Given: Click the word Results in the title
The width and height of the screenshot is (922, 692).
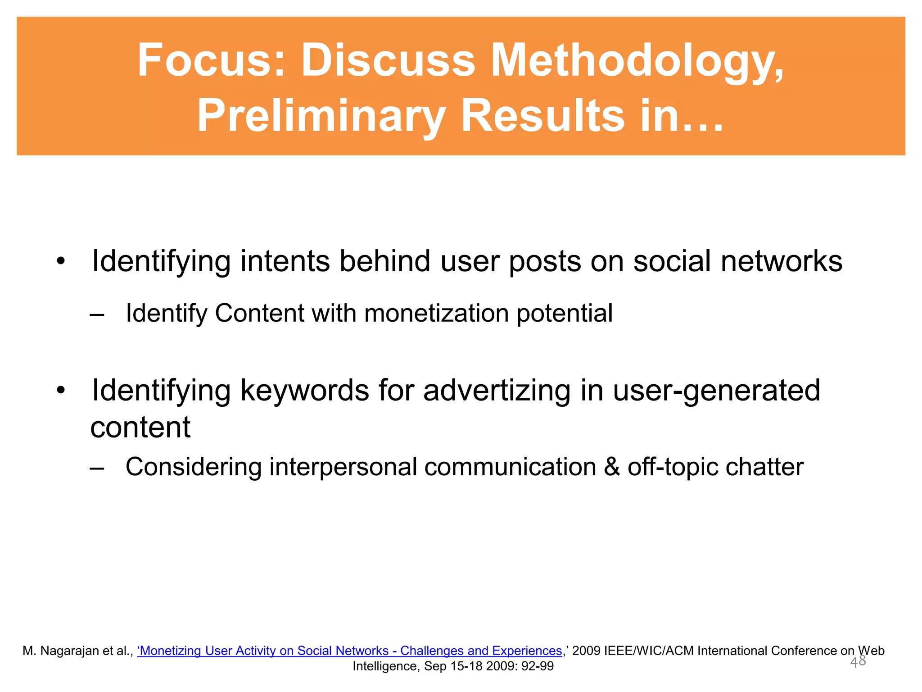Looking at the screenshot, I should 543,116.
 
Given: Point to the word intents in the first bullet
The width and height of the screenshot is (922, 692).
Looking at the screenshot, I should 285,261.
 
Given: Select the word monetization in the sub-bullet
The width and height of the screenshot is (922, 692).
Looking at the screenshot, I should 436,313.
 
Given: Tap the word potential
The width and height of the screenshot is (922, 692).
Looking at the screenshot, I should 565,313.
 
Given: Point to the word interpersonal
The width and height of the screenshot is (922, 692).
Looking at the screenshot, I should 343,467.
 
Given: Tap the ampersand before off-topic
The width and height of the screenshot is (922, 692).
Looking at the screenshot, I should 612,467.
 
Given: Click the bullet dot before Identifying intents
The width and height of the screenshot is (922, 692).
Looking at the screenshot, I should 61,261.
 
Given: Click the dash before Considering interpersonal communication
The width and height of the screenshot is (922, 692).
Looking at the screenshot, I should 97,468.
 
